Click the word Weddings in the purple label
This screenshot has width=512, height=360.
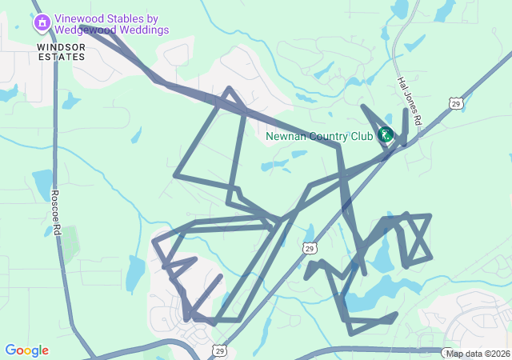146,30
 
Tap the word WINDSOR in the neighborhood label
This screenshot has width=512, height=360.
60,47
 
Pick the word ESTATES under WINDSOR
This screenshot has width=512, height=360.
61,58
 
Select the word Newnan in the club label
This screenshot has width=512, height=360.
286,135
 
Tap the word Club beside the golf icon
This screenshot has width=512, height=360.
362,135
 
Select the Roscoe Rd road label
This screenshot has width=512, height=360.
56,212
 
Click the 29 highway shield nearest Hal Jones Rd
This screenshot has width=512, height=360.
455,102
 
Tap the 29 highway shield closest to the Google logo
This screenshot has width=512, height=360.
219,350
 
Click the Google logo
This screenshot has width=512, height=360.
26,350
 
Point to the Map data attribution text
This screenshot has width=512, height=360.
465,354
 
